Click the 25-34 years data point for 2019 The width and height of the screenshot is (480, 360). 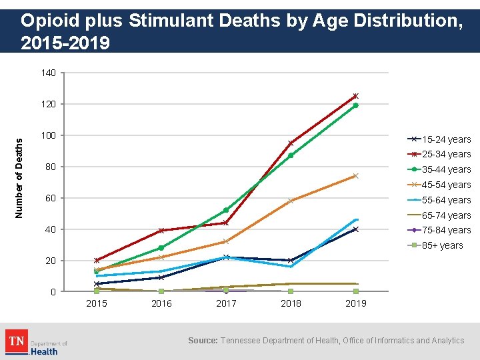click(x=355, y=96)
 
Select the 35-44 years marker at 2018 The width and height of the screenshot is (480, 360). click(x=291, y=155)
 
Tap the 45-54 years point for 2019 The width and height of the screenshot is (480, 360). click(x=355, y=176)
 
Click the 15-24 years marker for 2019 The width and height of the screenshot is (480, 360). click(x=355, y=229)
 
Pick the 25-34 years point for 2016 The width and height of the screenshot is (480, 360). click(x=161, y=231)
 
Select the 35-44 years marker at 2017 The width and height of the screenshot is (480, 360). click(x=226, y=210)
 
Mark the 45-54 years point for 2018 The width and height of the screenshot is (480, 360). click(x=291, y=201)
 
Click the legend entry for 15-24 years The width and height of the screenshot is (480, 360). click(x=439, y=139)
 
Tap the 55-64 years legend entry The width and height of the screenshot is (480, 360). click(x=439, y=200)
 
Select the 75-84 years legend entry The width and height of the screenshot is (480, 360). click(x=439, y=230)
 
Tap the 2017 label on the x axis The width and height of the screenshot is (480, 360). click(x=226, y=303)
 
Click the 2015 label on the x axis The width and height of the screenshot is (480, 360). click(x=97, y=303)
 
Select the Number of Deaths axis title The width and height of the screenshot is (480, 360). click(x=19, y=177)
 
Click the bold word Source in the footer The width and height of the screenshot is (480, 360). click(x=203, y=341)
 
